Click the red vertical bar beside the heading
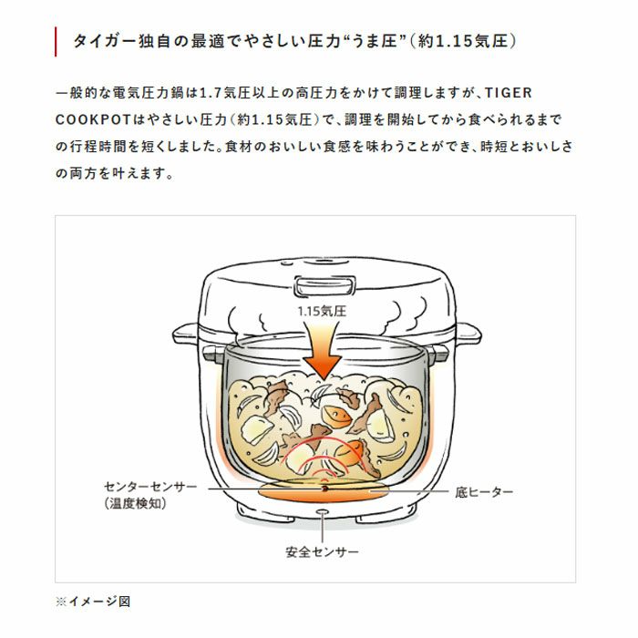click(56, 42)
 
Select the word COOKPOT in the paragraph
click(93, 120)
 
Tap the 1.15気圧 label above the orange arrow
click(322, 312)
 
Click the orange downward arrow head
click(324, 366)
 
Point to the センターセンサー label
click(150, 487)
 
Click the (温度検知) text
click(136, 504)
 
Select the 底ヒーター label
click(484, 492)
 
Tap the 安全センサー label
click(322, 552)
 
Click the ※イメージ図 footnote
click(93, 601)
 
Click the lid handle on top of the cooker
click(324, 285)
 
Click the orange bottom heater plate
click(324, 491)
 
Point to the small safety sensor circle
click(323, 511)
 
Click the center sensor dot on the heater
click(324, 489)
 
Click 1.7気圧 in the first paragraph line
click(224, 93)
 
